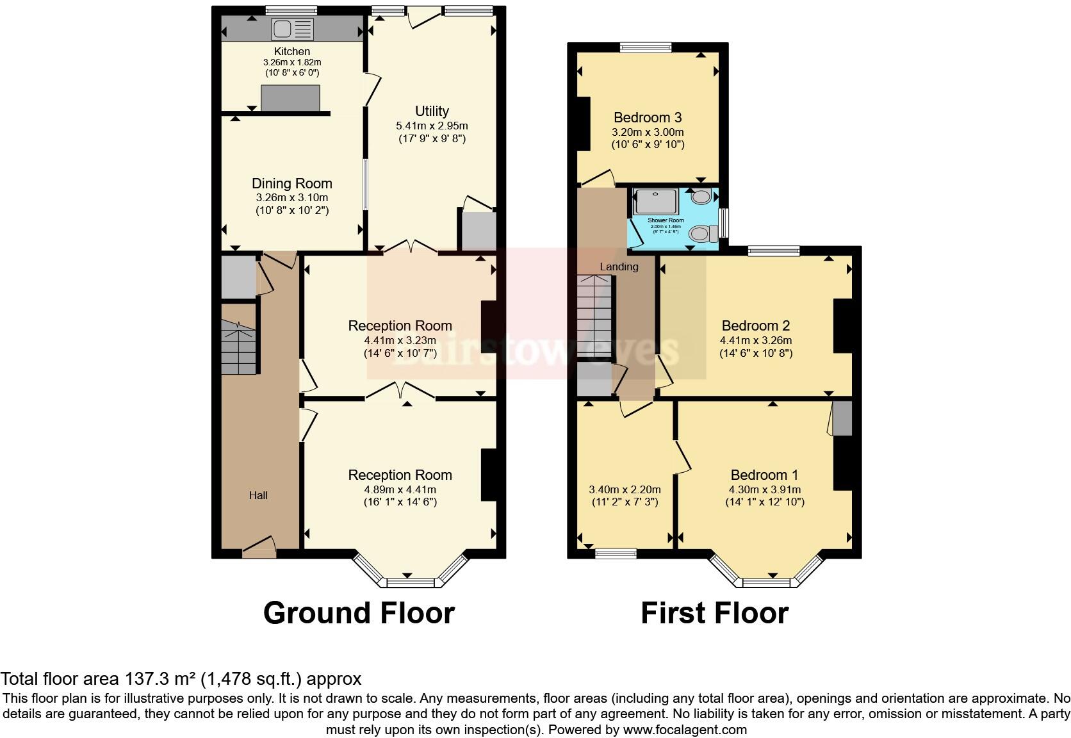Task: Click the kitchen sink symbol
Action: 293,29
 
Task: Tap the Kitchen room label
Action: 292,51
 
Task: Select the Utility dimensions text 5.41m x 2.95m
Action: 432,126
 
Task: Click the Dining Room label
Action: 292,184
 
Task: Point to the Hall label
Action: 258,495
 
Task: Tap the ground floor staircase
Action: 238,350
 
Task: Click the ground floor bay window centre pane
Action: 410,582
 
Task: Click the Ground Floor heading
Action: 359,613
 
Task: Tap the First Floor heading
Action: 714,613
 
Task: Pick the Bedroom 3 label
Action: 648,118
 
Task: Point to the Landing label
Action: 619,266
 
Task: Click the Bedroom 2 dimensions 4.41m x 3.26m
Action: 756,341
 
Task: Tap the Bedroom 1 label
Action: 764,475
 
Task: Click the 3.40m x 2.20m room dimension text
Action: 624,489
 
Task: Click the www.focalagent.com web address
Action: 685,730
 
